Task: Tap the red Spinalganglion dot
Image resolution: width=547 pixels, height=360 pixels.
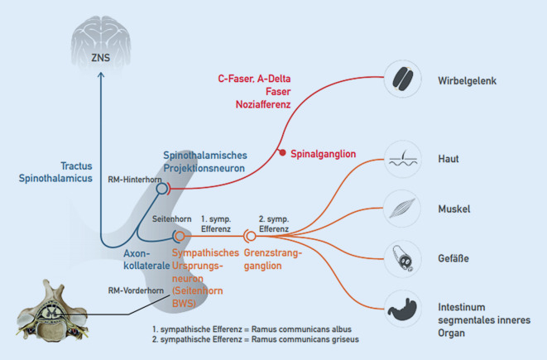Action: point(282,153)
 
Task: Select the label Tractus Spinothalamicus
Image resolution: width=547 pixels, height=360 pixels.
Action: point(54,174)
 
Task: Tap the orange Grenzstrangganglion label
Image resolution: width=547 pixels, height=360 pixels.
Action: point(274,259)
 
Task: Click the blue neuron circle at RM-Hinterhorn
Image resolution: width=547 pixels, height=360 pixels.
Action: point(162,189)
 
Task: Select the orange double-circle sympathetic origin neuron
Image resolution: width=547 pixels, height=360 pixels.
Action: point(178,235)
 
